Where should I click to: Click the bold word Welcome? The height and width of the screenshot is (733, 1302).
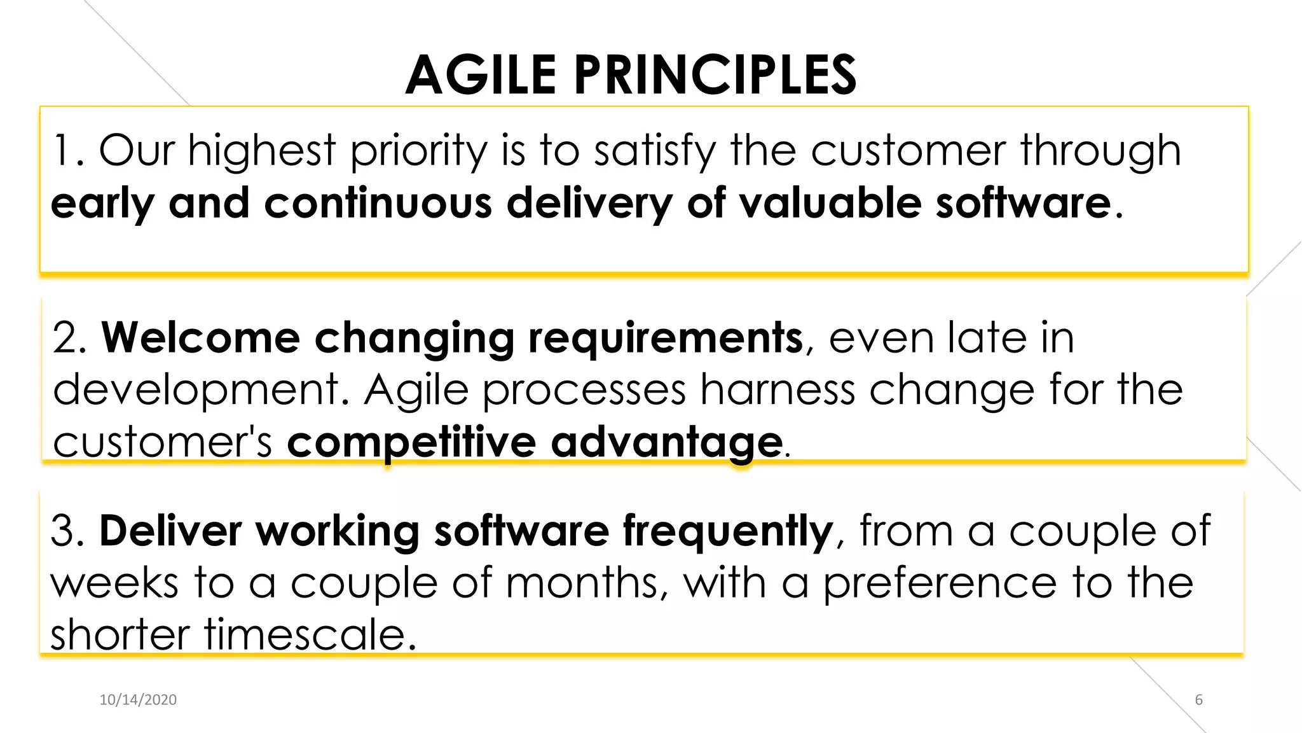[201, 338]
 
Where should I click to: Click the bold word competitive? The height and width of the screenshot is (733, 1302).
[411, 443]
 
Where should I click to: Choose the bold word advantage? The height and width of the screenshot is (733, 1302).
[666, 443]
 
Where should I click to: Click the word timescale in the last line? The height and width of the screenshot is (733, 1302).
[306, 635]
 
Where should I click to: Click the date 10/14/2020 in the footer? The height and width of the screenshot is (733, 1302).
[138, 700]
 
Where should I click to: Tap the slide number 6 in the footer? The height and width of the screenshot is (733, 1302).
[1199, 700]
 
